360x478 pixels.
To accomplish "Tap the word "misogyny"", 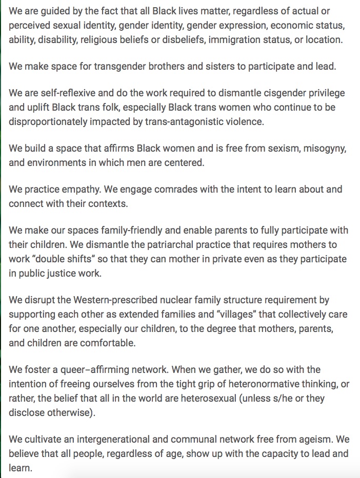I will [x=318, y=148].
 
